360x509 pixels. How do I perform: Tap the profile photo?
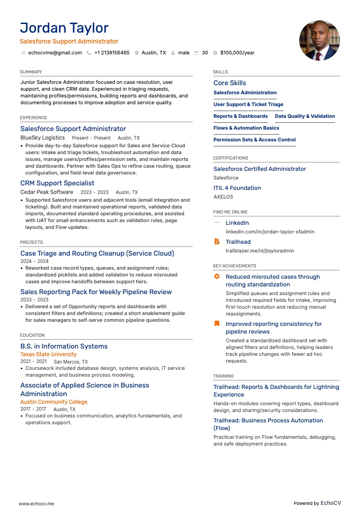pyautogui.click(x=320, y=40)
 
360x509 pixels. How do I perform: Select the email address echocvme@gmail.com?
pyautogui.click(x=55, y=53)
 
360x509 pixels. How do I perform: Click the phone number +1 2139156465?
pyautogui.click(x=112, y=53)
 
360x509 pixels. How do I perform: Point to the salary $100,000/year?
pyautogui.click(x=237, y=53)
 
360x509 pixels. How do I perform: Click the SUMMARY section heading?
pyautogui.click(x=31, y=72)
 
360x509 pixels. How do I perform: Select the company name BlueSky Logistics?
pyautogui.click(x=43, y=138)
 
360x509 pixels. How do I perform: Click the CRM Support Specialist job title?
pyautogui.click(x=57, y=183)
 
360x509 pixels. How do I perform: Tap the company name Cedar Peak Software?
pyautogui.click(x=47, y=192)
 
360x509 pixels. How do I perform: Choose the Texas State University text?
pyautogui.click(x=49, y=354)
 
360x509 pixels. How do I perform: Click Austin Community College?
pyautogui.click(x=54, y=402)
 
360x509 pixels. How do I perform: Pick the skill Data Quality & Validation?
pyautogui.click(x=305, y=116)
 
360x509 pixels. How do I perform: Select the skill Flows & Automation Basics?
pyautogui.click(x=246, y=128)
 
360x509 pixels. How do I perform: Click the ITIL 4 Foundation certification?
pyautogui.click(x=237, y=188)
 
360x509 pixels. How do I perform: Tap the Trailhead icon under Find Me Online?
pyautogui.click(x=217, y=242)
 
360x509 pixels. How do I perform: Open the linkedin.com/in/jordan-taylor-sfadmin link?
pyautogui.click(x=270, y=232)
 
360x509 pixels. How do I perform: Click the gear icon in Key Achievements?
pyautogui.click(x=217, y=276)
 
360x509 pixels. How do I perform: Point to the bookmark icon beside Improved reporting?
pyautogui.click(x=217, y=324)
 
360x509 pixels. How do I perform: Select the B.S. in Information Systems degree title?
pyautogui.click(x=64, y=346)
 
